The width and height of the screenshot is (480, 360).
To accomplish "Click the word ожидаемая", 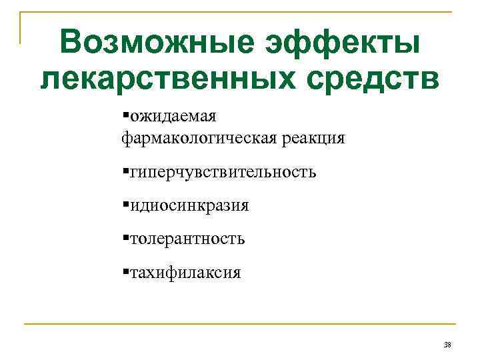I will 173,117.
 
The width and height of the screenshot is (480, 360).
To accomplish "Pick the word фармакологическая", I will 198,139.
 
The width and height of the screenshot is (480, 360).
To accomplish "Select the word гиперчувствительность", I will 223,173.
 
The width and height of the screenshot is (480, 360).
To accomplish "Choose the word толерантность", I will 187,239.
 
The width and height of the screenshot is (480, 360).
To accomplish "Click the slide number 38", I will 447,344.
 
